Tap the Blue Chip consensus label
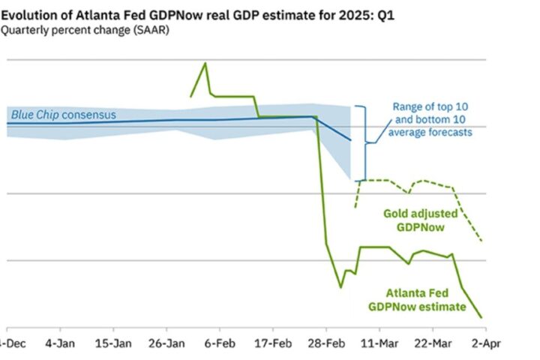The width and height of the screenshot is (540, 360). (64, 115)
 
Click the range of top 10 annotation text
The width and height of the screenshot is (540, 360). (433, 119)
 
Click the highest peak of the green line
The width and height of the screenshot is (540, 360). (205, 63)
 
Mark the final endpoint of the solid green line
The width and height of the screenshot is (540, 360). (481, 317)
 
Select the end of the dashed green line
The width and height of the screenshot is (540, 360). (481, 241)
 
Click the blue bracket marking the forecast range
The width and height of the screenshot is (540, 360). (363, 142)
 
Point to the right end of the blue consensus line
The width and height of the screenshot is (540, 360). (350, 140)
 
